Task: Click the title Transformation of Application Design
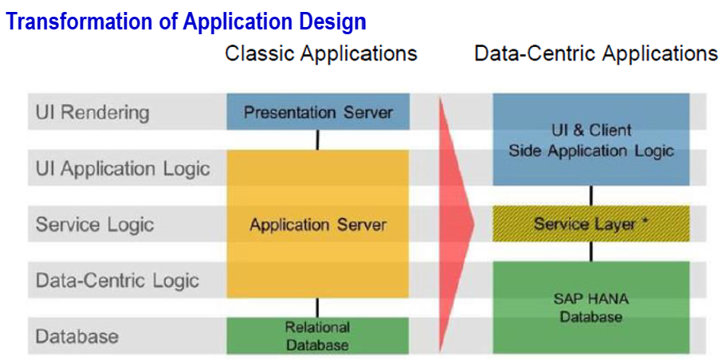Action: [x=186, y=21]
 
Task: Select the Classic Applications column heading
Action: [x=321, y=53]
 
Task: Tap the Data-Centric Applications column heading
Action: [x=596, y=53]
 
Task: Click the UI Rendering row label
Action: [x=92, y=112]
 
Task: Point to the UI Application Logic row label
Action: [x=123, y=169]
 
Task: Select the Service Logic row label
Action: [x=95, y=225]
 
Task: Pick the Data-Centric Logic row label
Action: [x=117, y=280]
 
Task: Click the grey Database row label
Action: [x=77, y=337]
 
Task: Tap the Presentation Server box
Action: [x=318, y=112]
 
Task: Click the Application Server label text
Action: [x=318, y=225]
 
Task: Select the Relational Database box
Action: [x=318, y=335]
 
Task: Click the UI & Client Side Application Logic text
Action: [x=591, y=140]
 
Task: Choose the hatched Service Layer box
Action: [x=591, y=224]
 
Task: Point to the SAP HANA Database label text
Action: [x=591, y=308]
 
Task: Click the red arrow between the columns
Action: [x=457, y=224]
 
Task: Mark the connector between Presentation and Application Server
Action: [x=317, y=140]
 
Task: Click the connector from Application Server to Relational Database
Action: [x=317, y=307]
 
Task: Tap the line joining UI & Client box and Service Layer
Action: [x=591, y=196]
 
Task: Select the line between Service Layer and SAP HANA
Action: [x=591, y=252]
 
